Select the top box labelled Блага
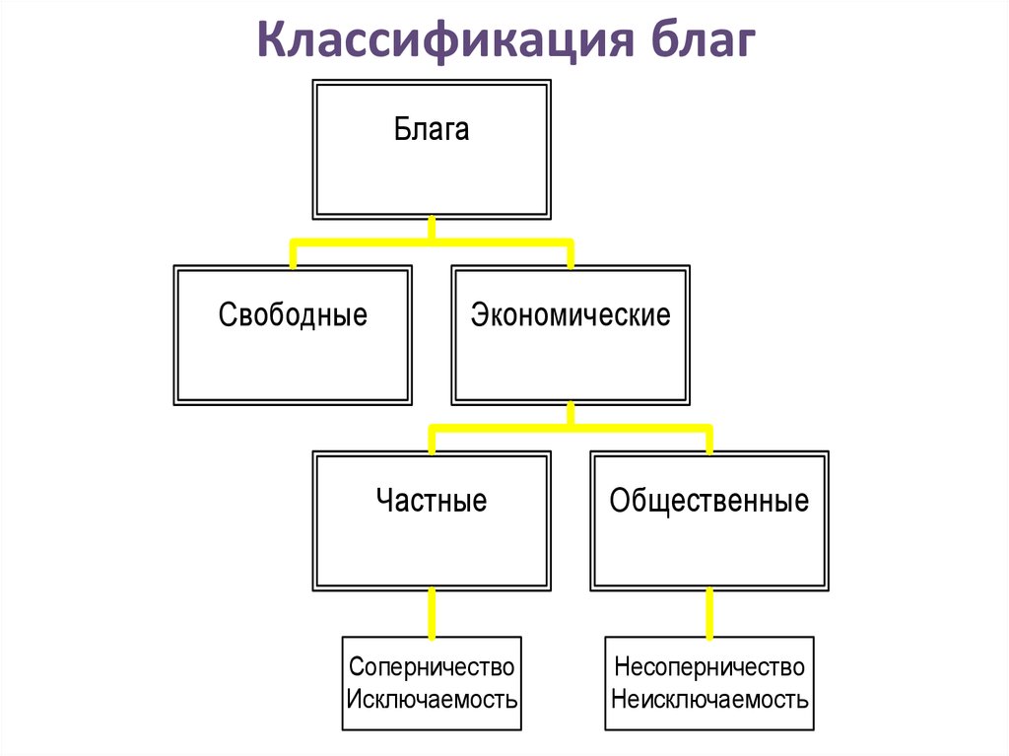pos(432,150)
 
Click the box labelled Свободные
pos(293,335)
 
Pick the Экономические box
pos(571,335)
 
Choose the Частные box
pos(432,520)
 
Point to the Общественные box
pos(709,520)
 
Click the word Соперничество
pos(432,667)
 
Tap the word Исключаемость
pos(432,699)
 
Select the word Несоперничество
pos(709,667)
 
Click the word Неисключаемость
pos(709,699)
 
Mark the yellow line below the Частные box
pos(432,614)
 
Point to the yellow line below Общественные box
pos(709,614)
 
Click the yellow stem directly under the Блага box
pos(432,229)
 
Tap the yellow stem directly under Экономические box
pos(571,414)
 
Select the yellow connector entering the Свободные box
pos(294,254)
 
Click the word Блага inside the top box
pos(432,129)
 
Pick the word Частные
pos(432,501)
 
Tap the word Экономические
pos(571,314)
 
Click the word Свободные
pos(293,314)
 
